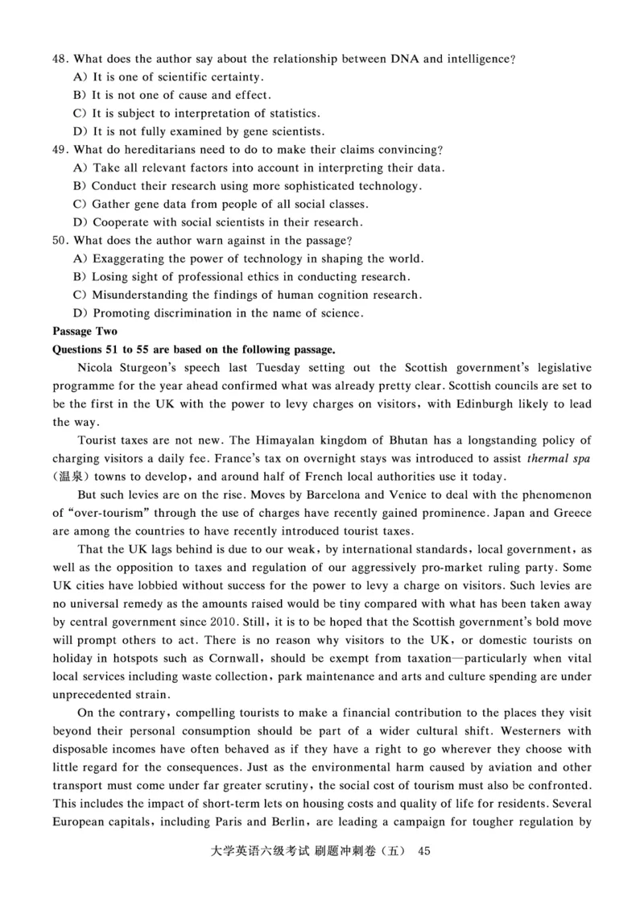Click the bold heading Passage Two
(85, 331)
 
